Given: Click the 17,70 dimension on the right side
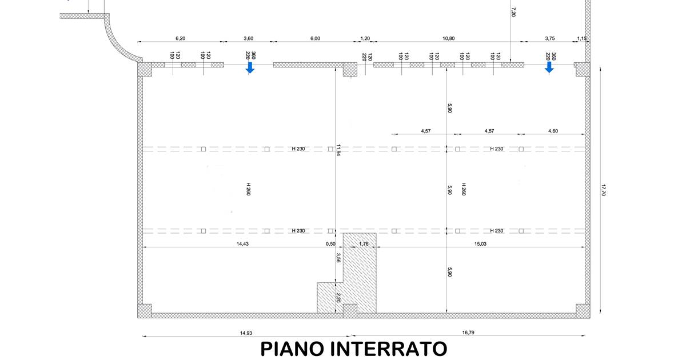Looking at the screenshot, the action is (603, 190).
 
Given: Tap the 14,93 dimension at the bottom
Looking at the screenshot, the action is (246, 333).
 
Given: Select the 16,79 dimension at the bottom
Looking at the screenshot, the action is (468, 333).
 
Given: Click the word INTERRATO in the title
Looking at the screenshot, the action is (389, 349).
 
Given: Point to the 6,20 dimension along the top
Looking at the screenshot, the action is (181, 38).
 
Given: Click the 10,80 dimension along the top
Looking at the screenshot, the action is (448, 38).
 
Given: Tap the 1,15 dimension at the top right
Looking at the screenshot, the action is (582, 38).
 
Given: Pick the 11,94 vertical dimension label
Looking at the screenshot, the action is (338, 150).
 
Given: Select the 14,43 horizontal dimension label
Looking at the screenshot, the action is (242, 243).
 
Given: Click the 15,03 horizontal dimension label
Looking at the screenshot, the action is (480, 243).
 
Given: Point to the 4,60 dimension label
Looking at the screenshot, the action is (553, 131).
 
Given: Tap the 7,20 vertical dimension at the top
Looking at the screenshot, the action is (513, 12).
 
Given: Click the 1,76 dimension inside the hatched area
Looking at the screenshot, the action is (364, 243).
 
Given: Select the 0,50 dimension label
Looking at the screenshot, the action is (330, 243).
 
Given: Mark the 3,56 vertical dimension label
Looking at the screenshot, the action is (338, 258).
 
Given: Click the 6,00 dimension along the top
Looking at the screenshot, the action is (315, 38).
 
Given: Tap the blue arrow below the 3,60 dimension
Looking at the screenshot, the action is (250, 67).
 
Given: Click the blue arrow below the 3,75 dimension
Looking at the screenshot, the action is (549, 67).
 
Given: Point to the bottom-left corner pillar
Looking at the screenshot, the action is (145, 311).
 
